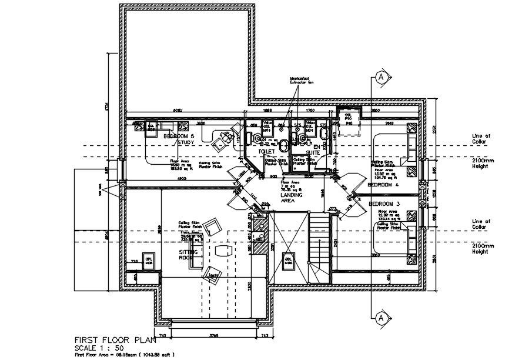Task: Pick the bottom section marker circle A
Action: coord(381,318)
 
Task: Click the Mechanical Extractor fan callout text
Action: coord(303,81)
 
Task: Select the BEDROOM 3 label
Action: coord(383,204)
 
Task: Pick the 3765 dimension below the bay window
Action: coord(212,336)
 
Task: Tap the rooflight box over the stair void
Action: coord(289,259)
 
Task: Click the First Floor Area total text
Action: coord(123,355)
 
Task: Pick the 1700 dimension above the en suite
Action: coord(310,111)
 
